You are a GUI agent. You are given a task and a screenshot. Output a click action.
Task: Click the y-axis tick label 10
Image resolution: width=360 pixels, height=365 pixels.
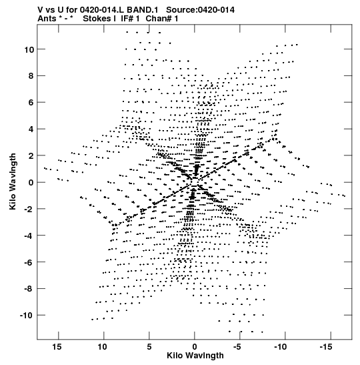pyautogui.click(x=29, y=49)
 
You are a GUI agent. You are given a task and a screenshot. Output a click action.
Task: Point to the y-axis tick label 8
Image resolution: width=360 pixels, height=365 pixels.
pyautogui.click(x=31, y=76)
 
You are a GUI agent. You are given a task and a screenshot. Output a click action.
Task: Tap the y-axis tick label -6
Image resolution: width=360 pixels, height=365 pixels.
pyautogui.click(x=29, y=262)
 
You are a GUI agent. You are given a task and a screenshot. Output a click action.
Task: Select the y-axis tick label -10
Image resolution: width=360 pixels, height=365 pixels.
pyautogui.click(x=27, y=316)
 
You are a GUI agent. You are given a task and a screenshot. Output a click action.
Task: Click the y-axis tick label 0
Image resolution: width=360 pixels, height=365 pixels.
pyautogui.click(x=31, y=183)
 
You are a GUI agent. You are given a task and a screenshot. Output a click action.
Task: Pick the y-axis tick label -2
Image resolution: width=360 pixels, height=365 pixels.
pyautogui.click(x=29, y=210)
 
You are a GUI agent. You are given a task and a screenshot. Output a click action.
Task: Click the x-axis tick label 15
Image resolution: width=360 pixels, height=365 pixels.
pyautogui.click(x=57, y=347)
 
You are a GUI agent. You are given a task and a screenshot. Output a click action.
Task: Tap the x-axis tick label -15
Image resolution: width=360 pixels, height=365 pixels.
pyautogui.click(x=326, y=347)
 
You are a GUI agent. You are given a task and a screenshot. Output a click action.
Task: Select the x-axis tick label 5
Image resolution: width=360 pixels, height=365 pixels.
pyautogui.click(x=149, y=347)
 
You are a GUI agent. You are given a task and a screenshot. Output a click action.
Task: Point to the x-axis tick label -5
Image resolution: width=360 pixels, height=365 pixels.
pyautogui.click(x=237, y=347)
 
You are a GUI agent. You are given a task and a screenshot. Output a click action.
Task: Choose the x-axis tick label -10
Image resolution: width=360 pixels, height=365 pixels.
pyautogui.click(x=281, y=347)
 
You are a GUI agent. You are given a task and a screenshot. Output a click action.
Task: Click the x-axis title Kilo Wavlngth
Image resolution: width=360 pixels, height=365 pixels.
pyautogui.click(x=195, y=356)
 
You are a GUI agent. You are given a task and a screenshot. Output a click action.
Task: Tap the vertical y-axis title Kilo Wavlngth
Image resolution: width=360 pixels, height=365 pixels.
pyautogui.click(x=13, y=181)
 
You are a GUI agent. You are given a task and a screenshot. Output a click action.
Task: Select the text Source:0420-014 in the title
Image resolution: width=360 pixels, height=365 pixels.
pyautogui.click(x=200, y=10)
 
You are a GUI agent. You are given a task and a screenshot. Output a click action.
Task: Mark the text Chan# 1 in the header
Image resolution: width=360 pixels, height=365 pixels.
pyautogui.click(x=162, y=19)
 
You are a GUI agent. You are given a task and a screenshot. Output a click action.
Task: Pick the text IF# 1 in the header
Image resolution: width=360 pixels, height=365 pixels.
pyautogui.click(x=130, y=19)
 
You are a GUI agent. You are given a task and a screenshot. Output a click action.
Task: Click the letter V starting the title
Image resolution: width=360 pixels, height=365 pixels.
pyautogui.click(x=40, y=10)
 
